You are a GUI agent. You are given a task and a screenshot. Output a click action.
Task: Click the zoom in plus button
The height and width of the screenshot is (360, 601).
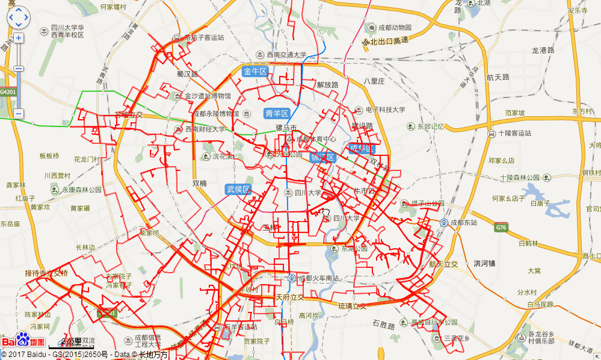click(19, 38)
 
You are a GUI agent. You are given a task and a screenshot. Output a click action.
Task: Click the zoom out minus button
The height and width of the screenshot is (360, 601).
click(19, 113)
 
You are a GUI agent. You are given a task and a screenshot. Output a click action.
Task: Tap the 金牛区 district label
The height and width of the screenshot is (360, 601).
click(254, 72)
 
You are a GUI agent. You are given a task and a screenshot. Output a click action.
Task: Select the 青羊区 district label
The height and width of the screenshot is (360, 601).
click(277, 113)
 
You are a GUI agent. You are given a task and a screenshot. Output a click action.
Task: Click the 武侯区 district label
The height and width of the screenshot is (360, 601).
click(238, 189)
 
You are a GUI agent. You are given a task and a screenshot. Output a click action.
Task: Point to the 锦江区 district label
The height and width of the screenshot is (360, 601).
click(322, 158)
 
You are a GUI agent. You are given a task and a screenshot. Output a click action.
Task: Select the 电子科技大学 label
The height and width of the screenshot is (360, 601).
click(385, 110)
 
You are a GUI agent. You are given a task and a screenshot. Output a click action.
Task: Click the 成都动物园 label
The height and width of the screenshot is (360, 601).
click(395, 28)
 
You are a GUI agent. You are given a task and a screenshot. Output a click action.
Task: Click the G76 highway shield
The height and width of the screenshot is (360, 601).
click(501, 228)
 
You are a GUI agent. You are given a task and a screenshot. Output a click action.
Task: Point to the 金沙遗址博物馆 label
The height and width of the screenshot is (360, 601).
click(207, 96)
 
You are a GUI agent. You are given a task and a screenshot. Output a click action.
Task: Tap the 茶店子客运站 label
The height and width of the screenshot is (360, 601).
click(204, 37)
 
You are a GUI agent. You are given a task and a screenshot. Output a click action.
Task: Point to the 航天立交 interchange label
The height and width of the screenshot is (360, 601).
click(443, 264)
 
